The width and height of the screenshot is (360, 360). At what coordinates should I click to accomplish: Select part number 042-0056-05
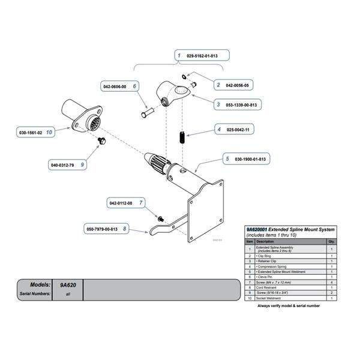tap(238, 86)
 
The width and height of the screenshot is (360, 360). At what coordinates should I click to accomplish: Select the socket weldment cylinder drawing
tap(81, 119)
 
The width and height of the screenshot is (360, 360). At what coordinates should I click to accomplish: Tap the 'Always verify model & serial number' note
tap(288, 305)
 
